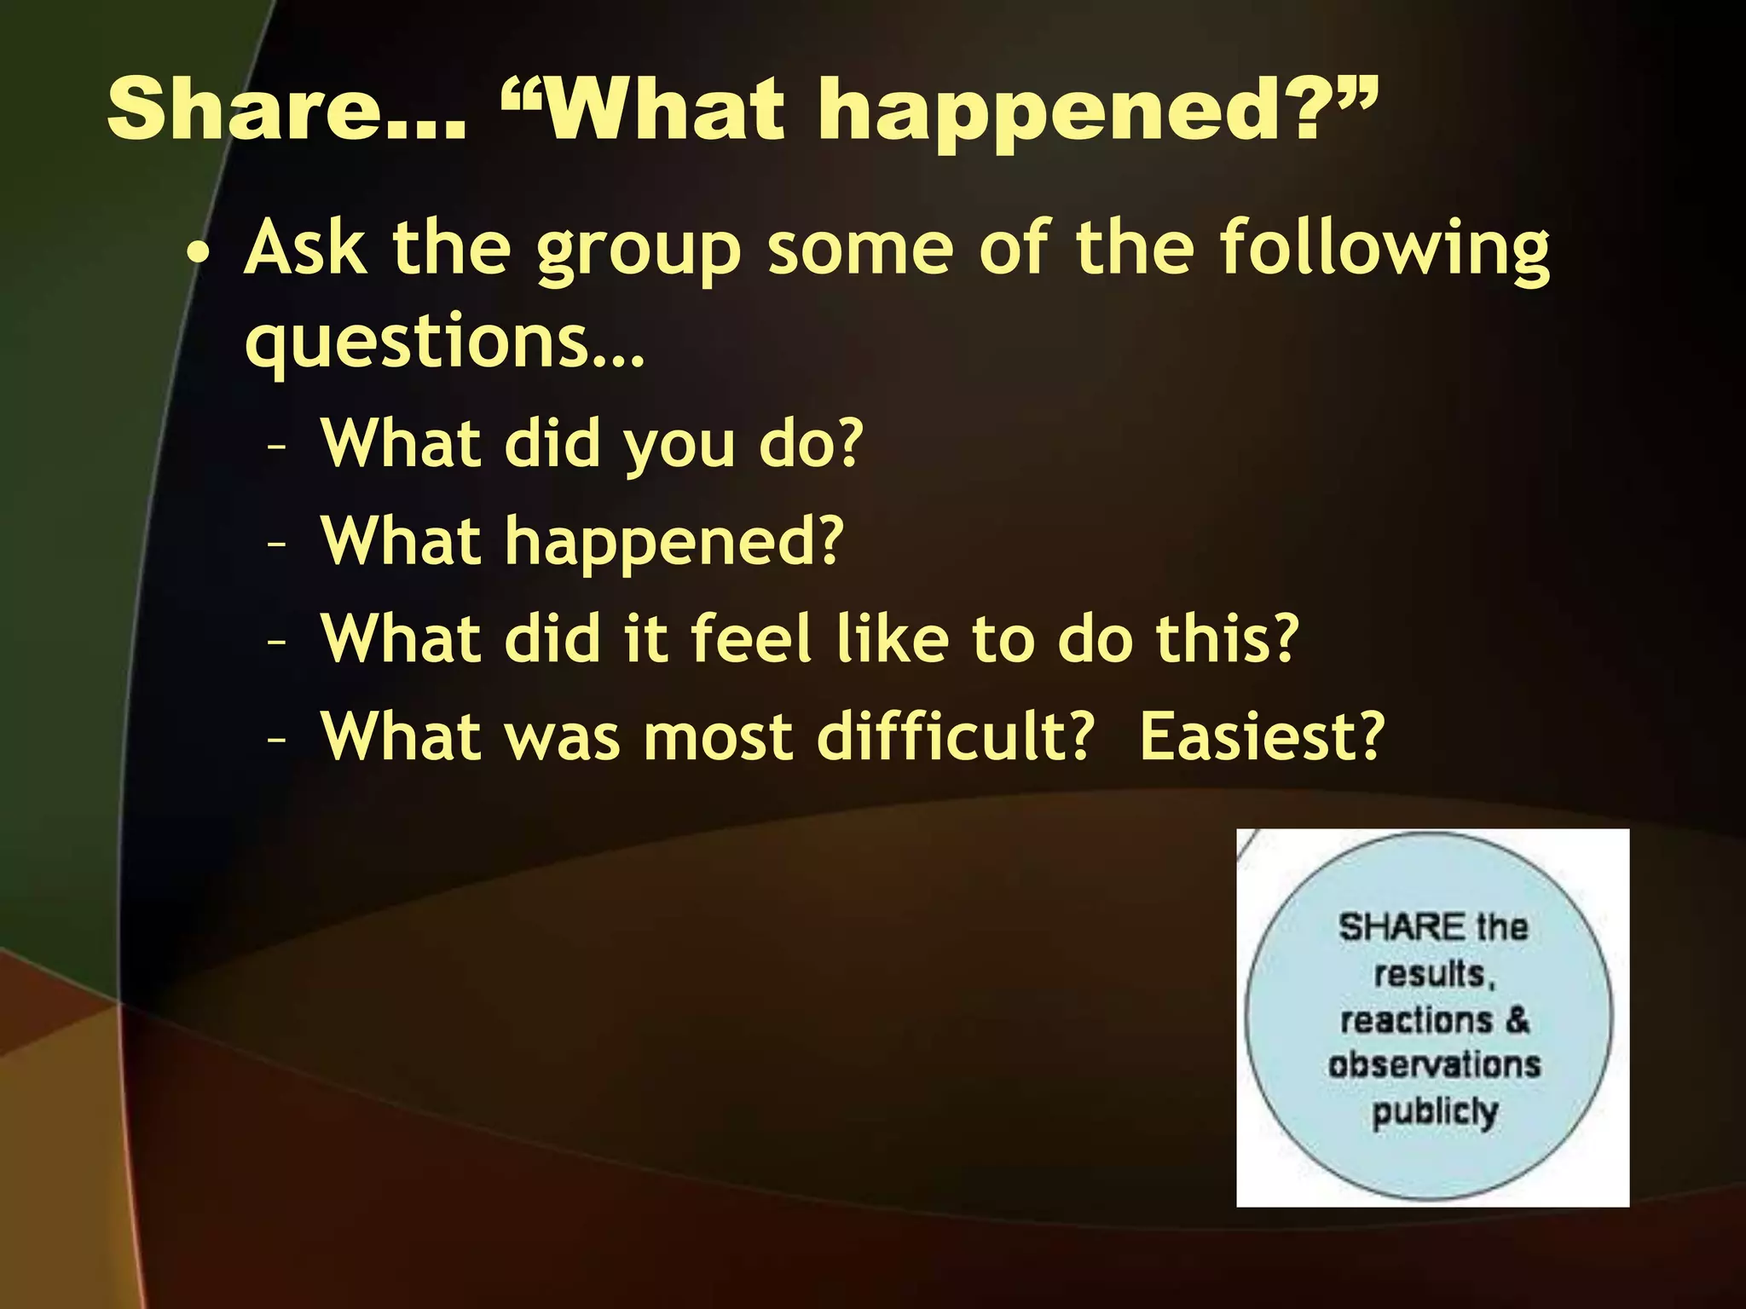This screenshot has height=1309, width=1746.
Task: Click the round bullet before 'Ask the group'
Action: click(198, 253)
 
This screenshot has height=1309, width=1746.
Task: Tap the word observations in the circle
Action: click(1434, 1064)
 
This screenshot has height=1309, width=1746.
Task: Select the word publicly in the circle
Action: click(1434, 1112)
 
